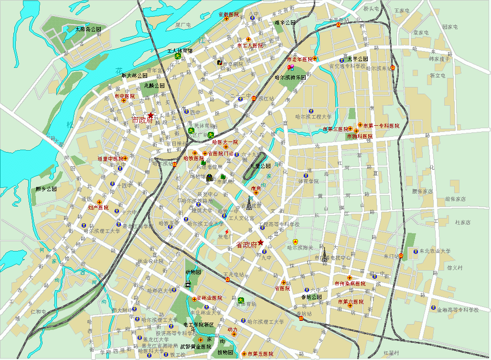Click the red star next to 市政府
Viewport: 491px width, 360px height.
click(x=151, y=115)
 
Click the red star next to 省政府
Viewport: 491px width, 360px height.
click(x=261, y=242)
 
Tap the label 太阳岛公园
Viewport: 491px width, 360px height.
click(x=88, y=30)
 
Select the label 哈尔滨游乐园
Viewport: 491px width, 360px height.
click(x=291, y=77)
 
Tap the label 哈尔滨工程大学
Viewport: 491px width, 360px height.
click(x=313, y=116)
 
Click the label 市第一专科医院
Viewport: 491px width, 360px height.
click(x=381, y=126)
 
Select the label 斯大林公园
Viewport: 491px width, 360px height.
click(x=136, y=76)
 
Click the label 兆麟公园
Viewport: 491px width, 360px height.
click(x=154, y=86)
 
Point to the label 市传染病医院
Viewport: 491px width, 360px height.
click(x=350, y=284)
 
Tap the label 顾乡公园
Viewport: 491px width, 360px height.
click(x=46, y=189)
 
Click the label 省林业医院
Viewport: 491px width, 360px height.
click(x=209, y=298)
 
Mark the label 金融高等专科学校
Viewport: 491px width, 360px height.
click(x=458, y=310)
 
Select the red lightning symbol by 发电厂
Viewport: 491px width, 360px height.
click(x=226, y=231)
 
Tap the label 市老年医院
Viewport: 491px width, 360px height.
click(x=299, y=60)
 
